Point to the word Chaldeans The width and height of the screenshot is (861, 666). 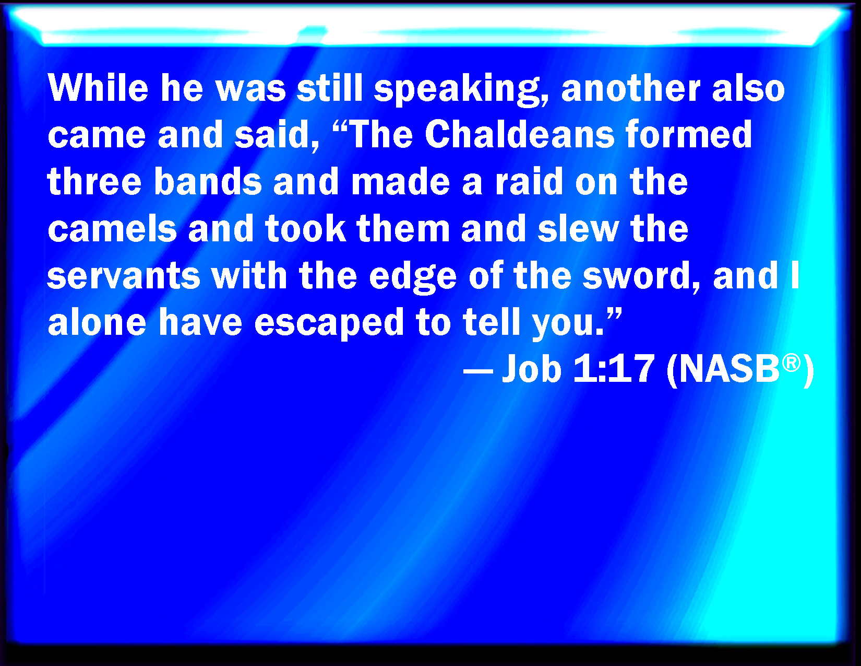click(519, 134)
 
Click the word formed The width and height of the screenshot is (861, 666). click(689, 134)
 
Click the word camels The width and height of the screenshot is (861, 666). click(112, 228)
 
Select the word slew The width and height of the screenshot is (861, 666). click(578, 228)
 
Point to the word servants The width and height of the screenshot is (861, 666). click(124, 275)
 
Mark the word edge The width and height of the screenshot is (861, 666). click(412, 278)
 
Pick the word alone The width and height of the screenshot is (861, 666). click(97, 322)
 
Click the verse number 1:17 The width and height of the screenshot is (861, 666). click(613, 369)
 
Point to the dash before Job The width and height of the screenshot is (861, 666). click(478, 373)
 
